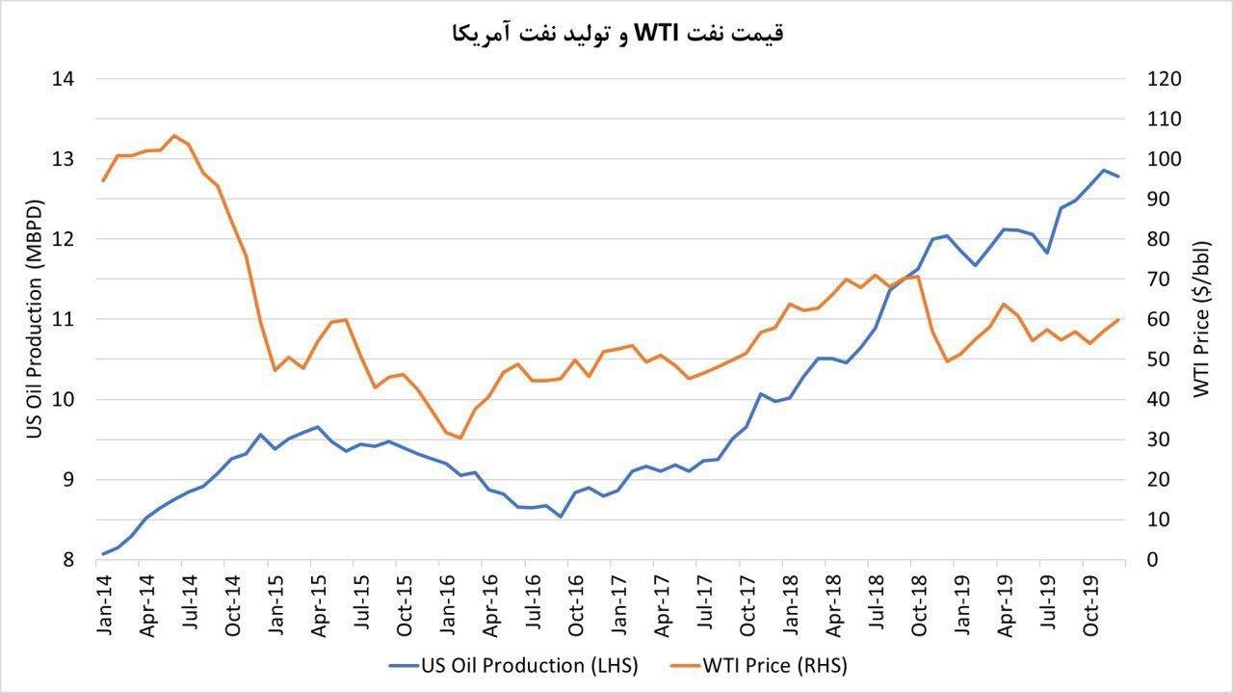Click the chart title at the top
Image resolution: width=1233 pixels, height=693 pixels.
click(616, 33)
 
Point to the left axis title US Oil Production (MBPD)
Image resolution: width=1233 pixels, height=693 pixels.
click(35, 319)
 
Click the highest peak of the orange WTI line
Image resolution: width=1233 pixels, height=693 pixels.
click(174, 135)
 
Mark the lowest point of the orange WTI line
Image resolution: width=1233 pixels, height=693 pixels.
click(460, 438)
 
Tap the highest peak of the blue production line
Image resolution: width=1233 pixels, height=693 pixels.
click(1103, 170)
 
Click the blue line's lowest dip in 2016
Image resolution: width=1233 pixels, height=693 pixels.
click(561, 517)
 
